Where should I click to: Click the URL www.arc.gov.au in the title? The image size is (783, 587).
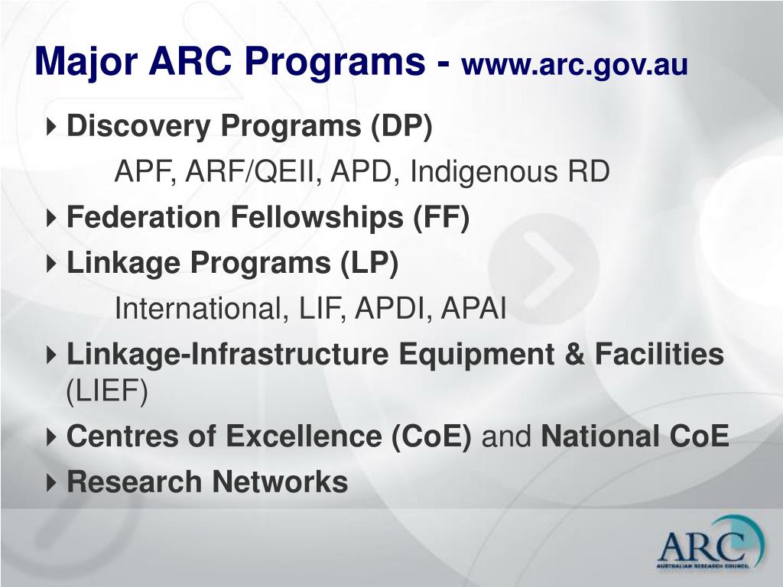point(575,65)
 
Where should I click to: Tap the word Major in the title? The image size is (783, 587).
point(86,62)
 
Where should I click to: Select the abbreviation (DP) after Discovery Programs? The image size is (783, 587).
point(401,126)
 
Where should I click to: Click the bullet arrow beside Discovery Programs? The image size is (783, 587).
point(51,126)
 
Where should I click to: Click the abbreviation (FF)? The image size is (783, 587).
point(441,218)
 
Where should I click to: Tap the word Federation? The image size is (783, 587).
point(144,218)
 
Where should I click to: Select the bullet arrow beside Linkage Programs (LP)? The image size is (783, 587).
point(51,263)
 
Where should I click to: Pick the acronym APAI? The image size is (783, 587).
point(473,308)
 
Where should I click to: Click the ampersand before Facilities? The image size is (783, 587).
point(575,354)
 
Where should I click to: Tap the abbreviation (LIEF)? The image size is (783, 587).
point(107,391)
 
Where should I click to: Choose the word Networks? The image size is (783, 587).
point(280,482)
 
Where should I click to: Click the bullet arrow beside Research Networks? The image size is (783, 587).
point(51,483)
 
